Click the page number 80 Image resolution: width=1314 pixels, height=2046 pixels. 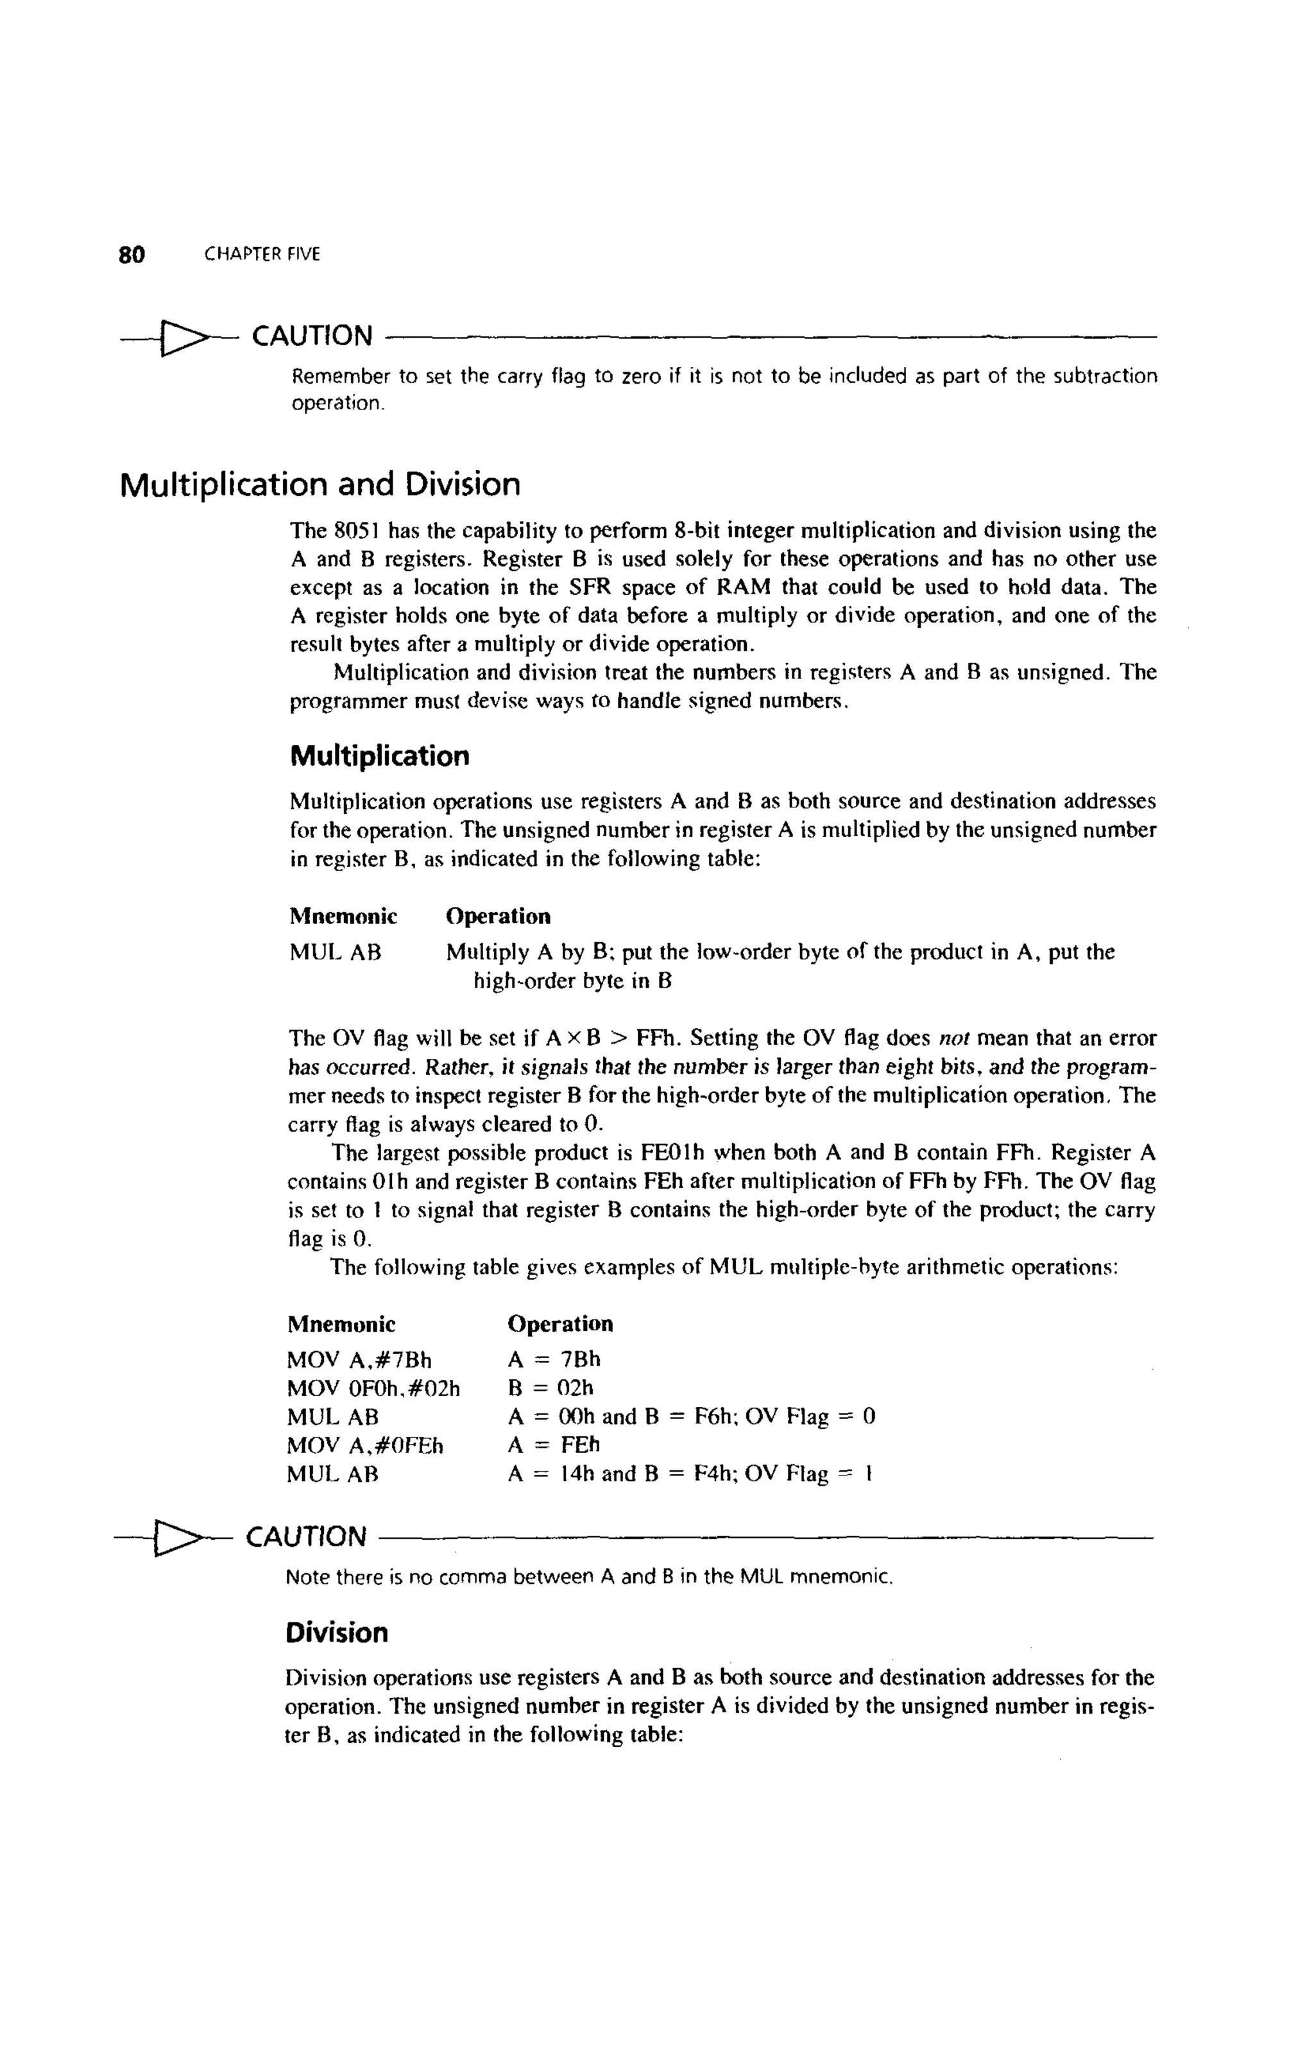[x=132, y=254]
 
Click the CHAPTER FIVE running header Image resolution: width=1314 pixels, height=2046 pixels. [x=262, y=254]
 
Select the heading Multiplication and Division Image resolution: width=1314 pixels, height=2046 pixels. [x=320, y=485]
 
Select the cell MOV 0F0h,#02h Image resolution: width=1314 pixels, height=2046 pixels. [x=373, y=1388]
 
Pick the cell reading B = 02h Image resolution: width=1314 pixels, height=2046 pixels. [x=550, y=1388]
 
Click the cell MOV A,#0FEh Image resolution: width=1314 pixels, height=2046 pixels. [x=364, y=1445]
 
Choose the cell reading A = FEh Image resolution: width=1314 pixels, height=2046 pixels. [x=554, y=1445]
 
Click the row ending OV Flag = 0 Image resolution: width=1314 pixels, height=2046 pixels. [x=691, y=1417]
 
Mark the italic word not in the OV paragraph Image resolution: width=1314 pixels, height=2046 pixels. [x=952, y=1039]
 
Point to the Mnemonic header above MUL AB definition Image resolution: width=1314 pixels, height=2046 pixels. [x=343, y=916]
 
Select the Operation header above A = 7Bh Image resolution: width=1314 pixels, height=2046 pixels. [x=559, y=1324]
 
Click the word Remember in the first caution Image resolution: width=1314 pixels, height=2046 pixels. [x=341, y=376]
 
